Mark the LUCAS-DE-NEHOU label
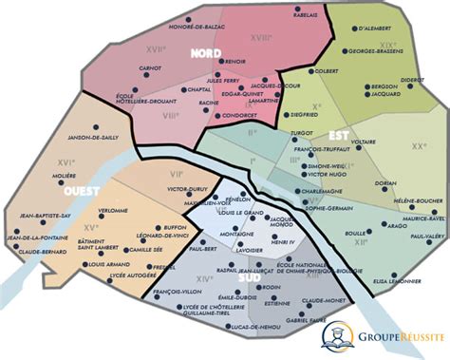click(253, 327)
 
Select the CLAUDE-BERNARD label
click(41, 251)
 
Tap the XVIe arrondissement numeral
click(38, 161)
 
